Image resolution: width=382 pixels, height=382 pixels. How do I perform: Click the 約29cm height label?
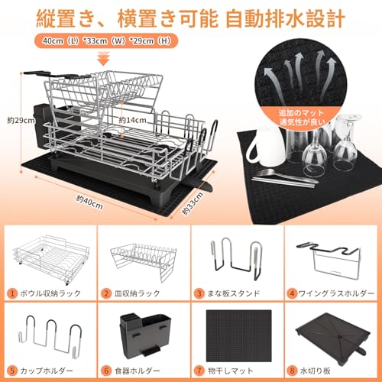21,120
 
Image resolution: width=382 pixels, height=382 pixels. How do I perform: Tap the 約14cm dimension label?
132,120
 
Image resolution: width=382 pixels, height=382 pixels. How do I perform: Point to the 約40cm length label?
89,202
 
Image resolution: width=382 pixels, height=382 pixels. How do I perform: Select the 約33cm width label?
193,203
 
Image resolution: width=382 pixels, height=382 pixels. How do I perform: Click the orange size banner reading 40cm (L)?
106,40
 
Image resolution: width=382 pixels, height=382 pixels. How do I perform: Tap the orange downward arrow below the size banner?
105,59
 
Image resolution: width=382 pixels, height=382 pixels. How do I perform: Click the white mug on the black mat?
266,147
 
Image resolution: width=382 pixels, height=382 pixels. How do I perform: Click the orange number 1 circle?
12,293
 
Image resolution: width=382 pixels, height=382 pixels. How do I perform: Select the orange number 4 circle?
292,293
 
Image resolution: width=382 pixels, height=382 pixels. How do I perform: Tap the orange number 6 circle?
105,371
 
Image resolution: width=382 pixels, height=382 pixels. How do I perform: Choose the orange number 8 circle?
292,371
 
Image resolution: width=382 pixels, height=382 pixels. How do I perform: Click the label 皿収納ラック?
137,293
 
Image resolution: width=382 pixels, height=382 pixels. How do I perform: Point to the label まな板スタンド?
233,293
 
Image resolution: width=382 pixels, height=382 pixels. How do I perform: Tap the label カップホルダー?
47,371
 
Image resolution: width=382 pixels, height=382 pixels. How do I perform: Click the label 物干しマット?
230,371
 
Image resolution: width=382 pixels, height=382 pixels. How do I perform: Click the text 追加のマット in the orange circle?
301,113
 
